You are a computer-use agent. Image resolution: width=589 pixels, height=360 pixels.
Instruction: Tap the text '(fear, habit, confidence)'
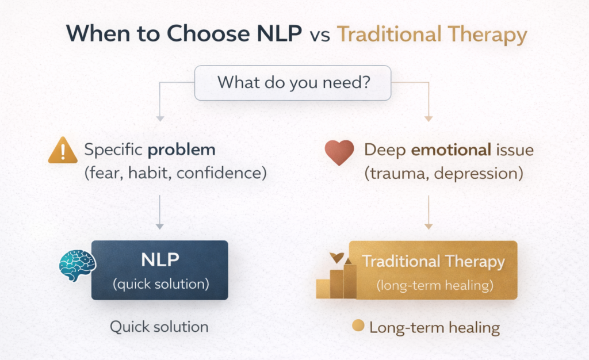pyautogui.click(x=175, y=173)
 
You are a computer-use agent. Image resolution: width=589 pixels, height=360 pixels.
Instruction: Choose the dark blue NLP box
pyautogui.click(x=160, y=270)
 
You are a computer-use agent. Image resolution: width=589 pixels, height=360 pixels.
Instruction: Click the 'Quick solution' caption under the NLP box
pyautogui.click(x=159, y=327)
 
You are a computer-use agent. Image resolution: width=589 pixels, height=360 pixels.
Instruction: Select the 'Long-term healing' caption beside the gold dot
pyautogui.click(x=434, y=328)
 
